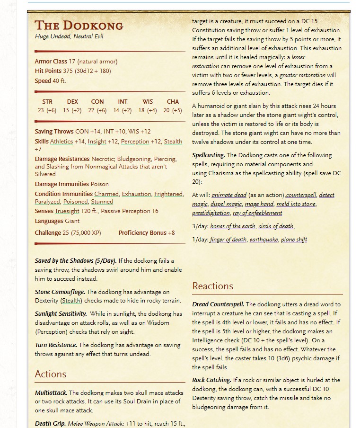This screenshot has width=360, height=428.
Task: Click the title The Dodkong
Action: [79, 25]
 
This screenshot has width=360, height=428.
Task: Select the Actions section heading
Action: [51, 374]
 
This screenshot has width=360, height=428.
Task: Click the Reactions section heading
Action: [212, 286]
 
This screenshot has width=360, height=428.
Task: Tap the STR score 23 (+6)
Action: [47, 110]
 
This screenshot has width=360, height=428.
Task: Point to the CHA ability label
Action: [173, 102]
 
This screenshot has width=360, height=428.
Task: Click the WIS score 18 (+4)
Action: [148, 110]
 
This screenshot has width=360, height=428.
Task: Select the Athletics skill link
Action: [61, 141]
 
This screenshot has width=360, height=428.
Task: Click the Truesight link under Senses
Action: [67, 211]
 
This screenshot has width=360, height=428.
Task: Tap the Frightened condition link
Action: [168, 194]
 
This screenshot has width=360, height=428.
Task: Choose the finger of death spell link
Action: [228, 240]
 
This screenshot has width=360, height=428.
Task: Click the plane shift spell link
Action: [294, 240]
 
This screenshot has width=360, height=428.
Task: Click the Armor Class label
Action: [51, 62]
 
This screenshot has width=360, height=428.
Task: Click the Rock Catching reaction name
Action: [212, 380]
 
